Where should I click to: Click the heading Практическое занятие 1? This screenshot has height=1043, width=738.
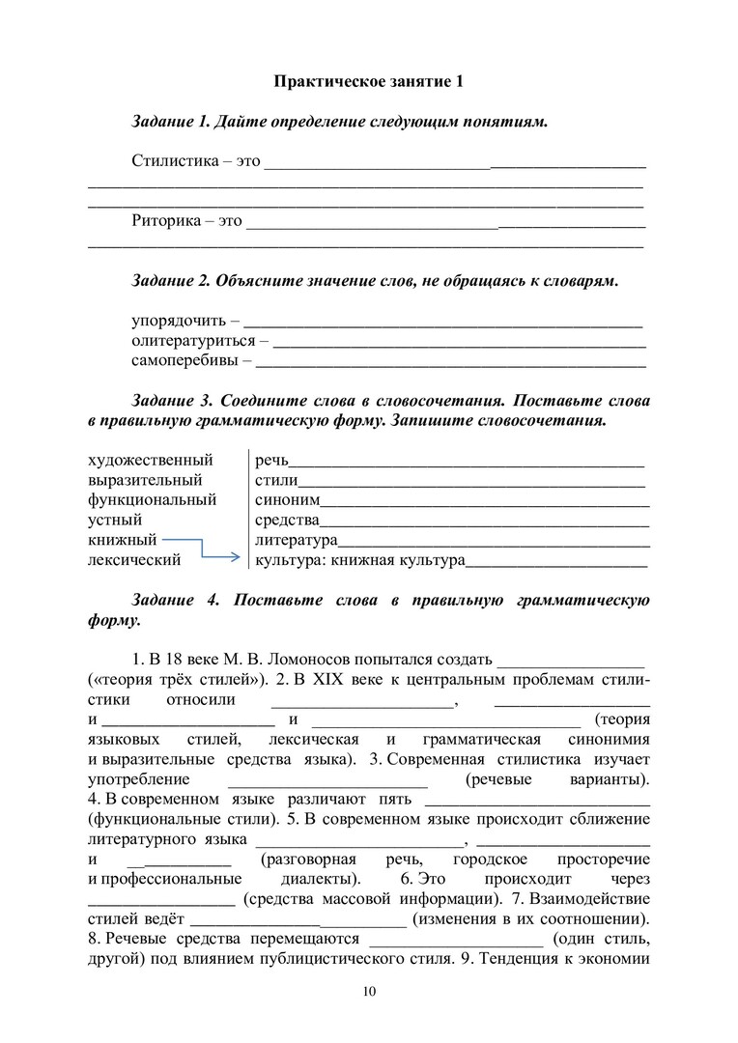tap(368, 82)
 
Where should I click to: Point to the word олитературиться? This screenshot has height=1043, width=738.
tap(193, 341)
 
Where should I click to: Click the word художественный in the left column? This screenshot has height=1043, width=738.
tap(150, 460)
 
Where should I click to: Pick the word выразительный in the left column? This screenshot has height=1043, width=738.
tap(145, 480)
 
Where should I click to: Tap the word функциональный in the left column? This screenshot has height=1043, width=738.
tap(152, 500)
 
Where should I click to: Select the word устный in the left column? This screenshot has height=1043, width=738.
tap(116, 521)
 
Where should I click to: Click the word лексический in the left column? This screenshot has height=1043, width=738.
tap(134, 559)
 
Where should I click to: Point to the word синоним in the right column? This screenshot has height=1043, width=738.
tap(287, 500)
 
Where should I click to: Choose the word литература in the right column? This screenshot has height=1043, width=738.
tap(296, 540)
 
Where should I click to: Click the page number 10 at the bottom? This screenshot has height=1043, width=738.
tap(369, 992)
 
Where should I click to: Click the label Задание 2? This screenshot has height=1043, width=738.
tap(171, 281)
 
